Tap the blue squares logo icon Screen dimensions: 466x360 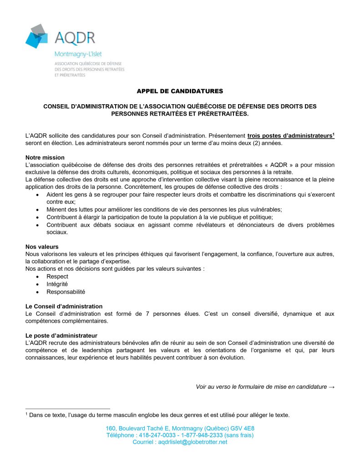tap(36, 36)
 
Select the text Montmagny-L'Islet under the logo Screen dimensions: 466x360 tap(78, 54)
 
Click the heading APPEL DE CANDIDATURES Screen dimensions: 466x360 tap(180, 91)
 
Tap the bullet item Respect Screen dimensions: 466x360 tap(57, 276)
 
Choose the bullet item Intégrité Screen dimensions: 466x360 tap(57, 284)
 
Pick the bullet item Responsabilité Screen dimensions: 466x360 tap(66, 292)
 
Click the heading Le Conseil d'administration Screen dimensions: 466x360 tap(64, 306)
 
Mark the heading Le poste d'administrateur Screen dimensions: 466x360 tap(61, 335)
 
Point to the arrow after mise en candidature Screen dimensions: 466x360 tap(331, 387)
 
